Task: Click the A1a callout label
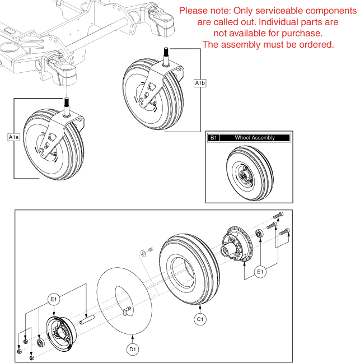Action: tap(13, 136)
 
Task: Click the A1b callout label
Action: tap(199, 83)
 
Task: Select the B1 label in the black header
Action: tap(213, 138)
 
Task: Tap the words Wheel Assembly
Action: tap(255, 138)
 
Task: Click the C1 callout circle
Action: tap(200, 319)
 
